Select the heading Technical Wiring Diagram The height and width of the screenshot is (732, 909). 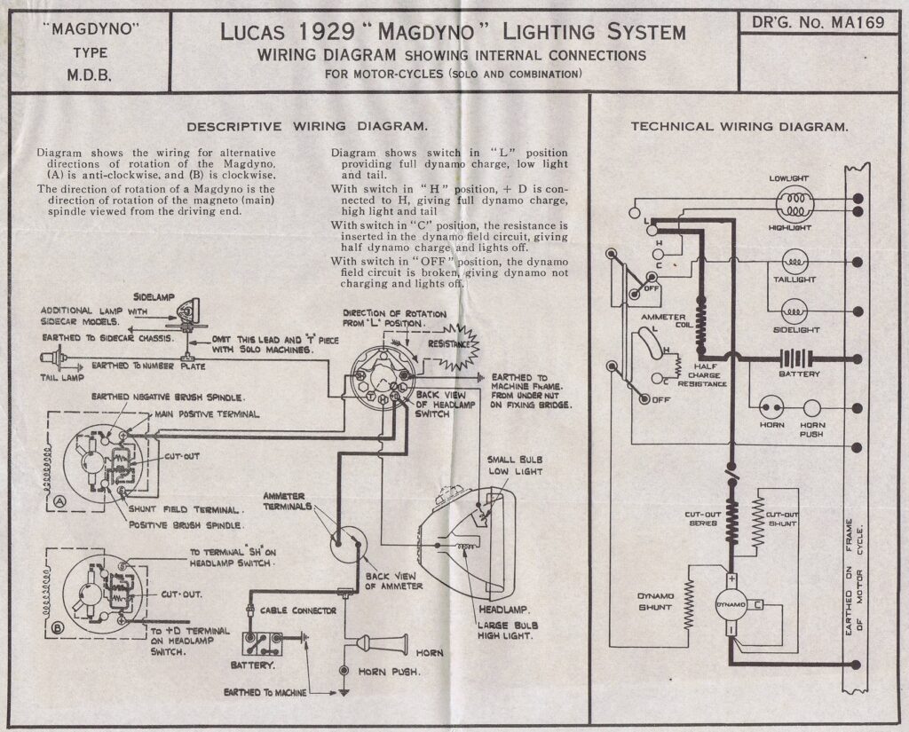pos(739,126)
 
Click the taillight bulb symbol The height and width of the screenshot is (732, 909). pos(793,262)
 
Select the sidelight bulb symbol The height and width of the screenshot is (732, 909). pos(793,311)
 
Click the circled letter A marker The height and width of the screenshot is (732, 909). pos(59,500)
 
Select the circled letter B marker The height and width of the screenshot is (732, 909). pos(59,627)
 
